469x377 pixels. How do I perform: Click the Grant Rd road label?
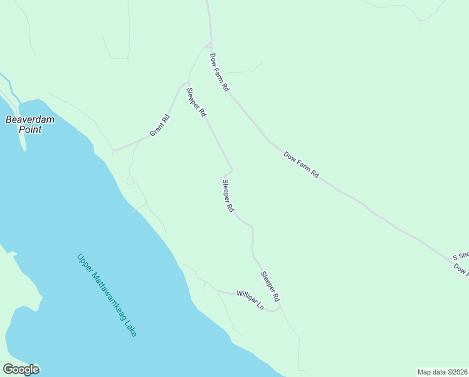(x=160, y=126)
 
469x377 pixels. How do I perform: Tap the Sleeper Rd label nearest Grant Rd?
(x=196, y=102)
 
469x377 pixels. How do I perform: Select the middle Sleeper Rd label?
(x=228, y=196)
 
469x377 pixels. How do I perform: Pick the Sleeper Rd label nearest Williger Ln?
(x=270, y=285)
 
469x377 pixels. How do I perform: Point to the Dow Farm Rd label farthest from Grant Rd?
(x=302, y=165)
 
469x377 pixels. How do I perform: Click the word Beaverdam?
(x=29, y=119)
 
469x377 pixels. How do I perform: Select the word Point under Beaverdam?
(x=29, y=129)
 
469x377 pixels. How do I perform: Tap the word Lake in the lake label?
(x=130, y=329)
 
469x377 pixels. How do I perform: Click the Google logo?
(x=21, y=369)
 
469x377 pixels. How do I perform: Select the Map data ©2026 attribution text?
(x=442, y=372)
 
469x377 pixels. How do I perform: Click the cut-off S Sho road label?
(x=461, y=256)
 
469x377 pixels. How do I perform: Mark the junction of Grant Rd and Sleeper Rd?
(x=187, y=82)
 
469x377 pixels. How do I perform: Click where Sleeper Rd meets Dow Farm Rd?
(x=209, y=45)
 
